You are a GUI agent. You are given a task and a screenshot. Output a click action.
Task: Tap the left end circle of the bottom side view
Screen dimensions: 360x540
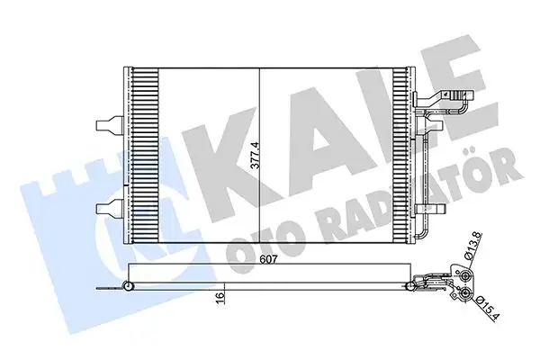click(x=129, y=286)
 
